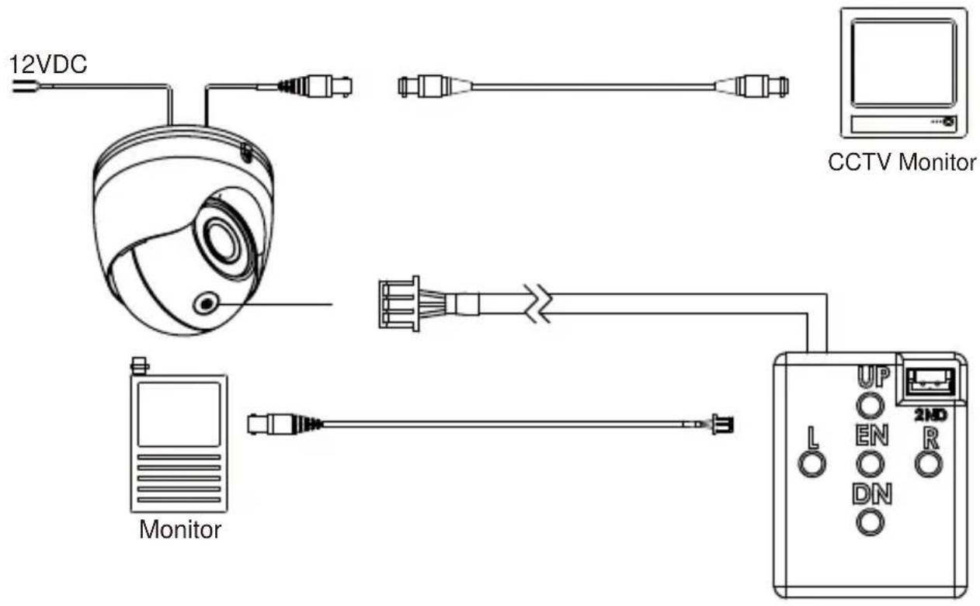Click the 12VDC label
click(48, 64)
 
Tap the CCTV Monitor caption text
click(902, 163)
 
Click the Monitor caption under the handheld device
click(180, 530)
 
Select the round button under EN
click(871, 464)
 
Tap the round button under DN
click(871, 522)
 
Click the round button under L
click(812, 464)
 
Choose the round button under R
click(929, 464)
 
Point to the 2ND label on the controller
click(930, 415)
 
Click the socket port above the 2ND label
click(930, 381)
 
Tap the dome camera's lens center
click(222, 240)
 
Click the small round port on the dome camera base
click(206, 303)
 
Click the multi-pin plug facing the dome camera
click(399, 303)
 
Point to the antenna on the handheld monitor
click(140, 366)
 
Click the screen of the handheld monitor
click(179, 414)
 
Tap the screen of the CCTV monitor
click(904, 63)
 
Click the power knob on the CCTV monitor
click(948, 122)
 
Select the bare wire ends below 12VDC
click(23, 87)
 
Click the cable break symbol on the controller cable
click(538, 303)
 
